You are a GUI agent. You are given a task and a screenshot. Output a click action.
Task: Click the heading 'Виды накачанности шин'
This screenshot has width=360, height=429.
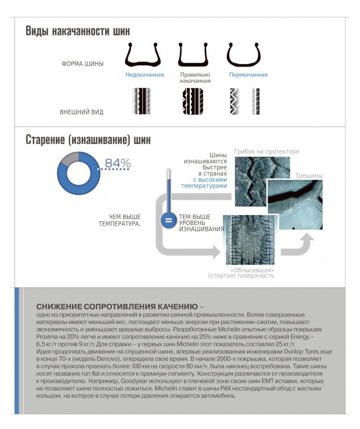[77, 31]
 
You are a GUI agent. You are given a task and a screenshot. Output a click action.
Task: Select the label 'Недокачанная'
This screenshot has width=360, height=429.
[144, 75]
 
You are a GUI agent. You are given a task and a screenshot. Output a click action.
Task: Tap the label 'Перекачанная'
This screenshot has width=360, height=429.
[248, 75]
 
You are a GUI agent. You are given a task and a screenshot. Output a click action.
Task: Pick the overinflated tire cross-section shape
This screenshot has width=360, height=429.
[244, 55]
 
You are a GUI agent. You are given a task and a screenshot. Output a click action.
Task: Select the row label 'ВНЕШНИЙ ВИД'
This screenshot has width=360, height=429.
[82, 113]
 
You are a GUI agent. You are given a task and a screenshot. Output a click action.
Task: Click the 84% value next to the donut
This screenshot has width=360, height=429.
[118, 163]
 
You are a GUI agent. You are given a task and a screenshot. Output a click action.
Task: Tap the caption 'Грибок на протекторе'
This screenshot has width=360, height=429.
[266, 151]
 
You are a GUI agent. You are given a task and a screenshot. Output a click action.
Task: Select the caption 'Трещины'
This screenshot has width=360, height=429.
[309, 176]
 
